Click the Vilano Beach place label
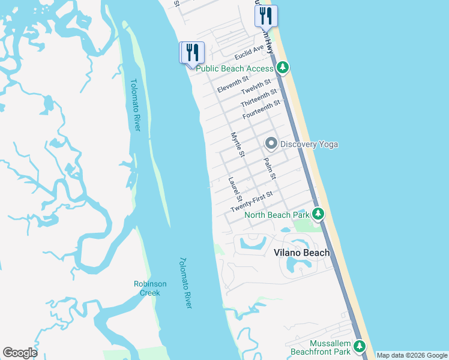click(302, 253)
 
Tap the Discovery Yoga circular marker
click(271, 144)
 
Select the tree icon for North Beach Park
click(318, 214)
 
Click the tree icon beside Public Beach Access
click(282, 68)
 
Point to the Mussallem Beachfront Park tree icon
click(360, 346)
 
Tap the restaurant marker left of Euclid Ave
click(192, 52)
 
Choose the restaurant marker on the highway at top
click(266, 16)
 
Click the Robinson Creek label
click(146, 288)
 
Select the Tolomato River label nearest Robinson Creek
click(185, 283)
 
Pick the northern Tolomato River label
click(135, 106)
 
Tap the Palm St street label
click(269, 169)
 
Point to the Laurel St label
click(235, 188)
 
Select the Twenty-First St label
click(252, 202)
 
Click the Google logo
click(20, 353)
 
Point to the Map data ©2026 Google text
click(411, 355)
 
